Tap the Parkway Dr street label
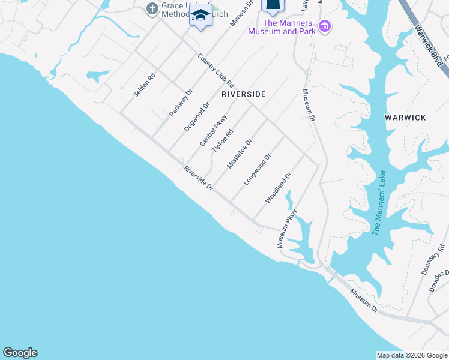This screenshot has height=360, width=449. [x=180, y=102]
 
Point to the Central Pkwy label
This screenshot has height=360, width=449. [x=213, y=130]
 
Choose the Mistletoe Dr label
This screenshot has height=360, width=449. [x=239, y=154]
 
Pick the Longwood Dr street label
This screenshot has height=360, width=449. [x=258, y=169]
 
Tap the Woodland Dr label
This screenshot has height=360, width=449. [x=278, y=187]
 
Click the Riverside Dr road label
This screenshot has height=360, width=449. [x=199, y=178]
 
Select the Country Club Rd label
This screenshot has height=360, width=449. [x=215, y=71]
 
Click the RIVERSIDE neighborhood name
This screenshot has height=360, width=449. [x=243, y=95]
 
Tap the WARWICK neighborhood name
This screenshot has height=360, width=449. [x=405, y=118]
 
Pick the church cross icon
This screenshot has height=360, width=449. [x=152, y=9]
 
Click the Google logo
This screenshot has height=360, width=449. [x=20, y=353]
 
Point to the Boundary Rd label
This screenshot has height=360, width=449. [x=432, y=259]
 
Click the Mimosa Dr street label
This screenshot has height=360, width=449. [x=242, y=13]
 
